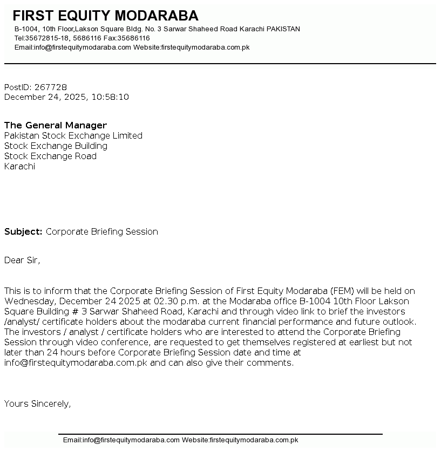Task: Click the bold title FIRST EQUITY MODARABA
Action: (x=105, y=16)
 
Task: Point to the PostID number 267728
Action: (x=50, y=87)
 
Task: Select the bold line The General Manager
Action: (x=56, y=125)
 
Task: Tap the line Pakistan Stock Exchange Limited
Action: (x=73, y=135)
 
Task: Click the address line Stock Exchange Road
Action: (x=50, y=156)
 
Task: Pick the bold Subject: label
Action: (x=23, y=231)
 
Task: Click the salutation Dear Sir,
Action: (x=22, y=260)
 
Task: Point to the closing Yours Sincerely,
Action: (x=37, y=403)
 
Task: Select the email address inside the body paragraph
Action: (x=76, y=362)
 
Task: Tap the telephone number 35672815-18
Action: (x=47, y=38)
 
